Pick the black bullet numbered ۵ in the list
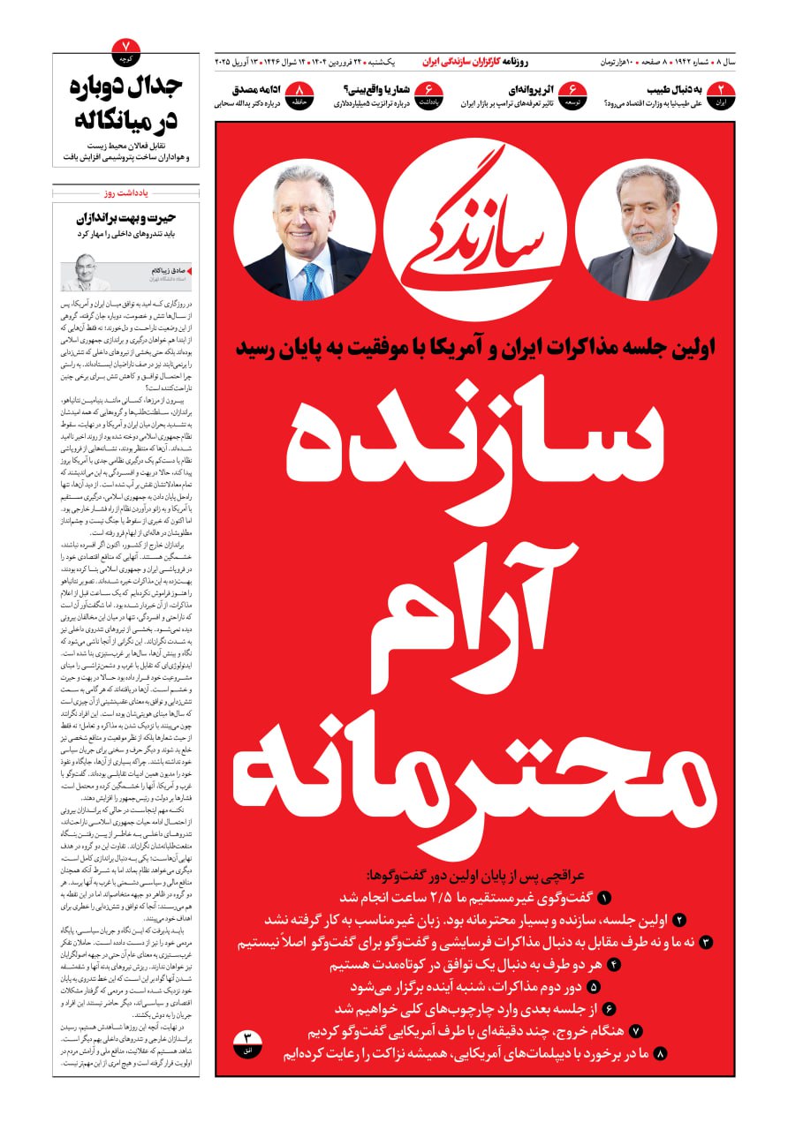[593, 987]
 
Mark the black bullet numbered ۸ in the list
[661, 1053]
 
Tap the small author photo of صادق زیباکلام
[86, 272]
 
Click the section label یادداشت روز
[126, 192]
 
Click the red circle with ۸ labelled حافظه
[302, 94]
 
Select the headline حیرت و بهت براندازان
[126, 217]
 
